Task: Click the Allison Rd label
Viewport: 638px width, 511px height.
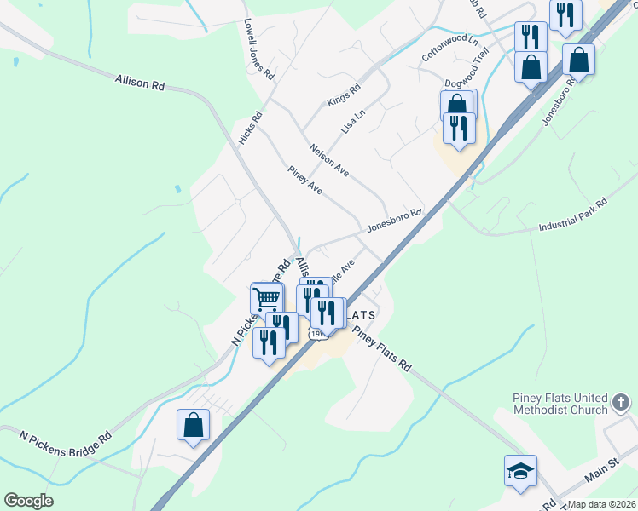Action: point(139,83)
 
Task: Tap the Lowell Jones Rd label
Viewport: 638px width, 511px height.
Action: point(258,50)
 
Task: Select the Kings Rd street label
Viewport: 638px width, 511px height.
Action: point(344,95)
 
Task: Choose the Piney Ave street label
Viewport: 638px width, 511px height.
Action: point(304,181)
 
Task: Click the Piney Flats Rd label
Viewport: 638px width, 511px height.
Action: point(381,349)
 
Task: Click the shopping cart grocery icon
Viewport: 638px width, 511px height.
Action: point(267,299)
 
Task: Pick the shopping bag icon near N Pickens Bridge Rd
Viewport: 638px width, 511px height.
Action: point(194,425)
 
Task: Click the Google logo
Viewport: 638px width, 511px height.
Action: point(29,501)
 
